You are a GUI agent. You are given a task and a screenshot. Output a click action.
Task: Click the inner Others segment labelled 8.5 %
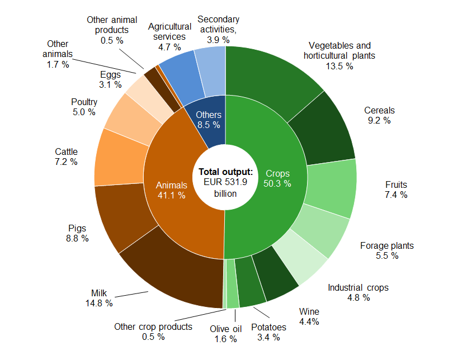point(209,120)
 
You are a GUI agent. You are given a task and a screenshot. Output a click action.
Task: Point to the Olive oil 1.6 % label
point(225,334)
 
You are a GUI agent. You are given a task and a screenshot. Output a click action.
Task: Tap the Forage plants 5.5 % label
point(386,250)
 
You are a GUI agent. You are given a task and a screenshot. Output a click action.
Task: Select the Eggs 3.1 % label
point(110,79)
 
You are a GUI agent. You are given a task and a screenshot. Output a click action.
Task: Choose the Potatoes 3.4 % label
point(268,332)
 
